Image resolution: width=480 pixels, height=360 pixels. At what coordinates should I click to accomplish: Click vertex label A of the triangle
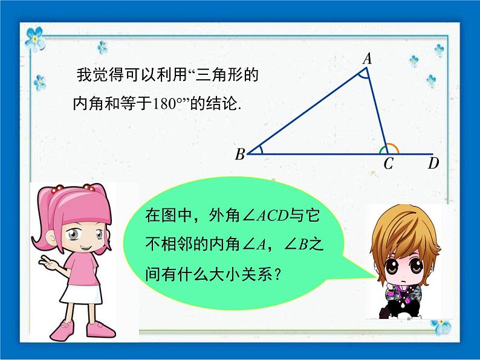[x=367, y=59]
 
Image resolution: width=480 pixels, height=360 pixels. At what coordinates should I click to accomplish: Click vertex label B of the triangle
[x=240, y=155]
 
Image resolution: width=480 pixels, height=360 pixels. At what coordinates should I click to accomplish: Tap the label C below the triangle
[x=389, y=163]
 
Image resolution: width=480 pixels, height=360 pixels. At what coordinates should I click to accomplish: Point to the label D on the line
[x=433, y=163]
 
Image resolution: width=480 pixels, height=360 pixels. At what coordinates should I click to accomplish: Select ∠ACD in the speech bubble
[x=251, y=214]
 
